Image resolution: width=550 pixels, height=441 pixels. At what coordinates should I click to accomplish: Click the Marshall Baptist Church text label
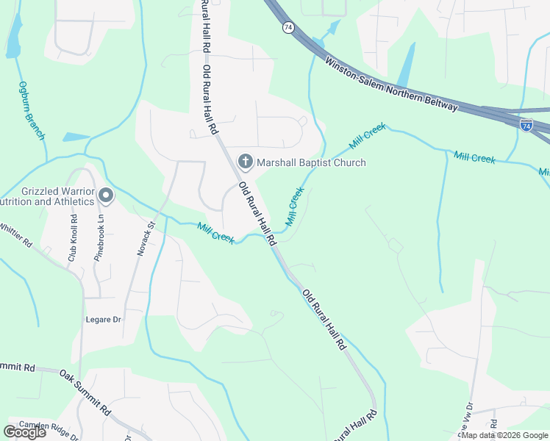click(310, 162)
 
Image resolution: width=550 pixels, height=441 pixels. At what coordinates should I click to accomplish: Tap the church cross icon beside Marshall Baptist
click(244, 162)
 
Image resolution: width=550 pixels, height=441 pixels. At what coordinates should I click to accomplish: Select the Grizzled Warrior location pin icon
click(106, 196)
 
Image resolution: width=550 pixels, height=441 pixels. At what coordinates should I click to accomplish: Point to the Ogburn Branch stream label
click(32, 110)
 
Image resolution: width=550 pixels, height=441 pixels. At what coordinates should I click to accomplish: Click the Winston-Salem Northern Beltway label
click(391, 86)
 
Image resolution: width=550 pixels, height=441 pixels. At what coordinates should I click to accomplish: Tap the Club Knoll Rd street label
click(73, 238)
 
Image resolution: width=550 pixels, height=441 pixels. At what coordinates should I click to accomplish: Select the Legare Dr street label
click(106, 320)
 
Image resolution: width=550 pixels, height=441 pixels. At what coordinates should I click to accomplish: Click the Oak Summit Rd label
click(85, 392)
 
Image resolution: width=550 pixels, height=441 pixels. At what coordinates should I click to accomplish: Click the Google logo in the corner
click(24, 432)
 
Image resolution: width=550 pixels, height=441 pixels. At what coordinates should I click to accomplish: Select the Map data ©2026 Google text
click(504, 435)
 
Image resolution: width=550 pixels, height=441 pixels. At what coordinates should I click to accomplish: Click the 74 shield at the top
click(287, 27)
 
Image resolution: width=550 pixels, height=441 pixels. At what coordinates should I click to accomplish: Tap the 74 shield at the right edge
click(526, 126)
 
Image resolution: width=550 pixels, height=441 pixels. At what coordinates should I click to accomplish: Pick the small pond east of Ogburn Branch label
click(76, 137)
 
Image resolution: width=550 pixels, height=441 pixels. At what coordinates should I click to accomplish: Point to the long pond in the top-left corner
click(13, 35)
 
